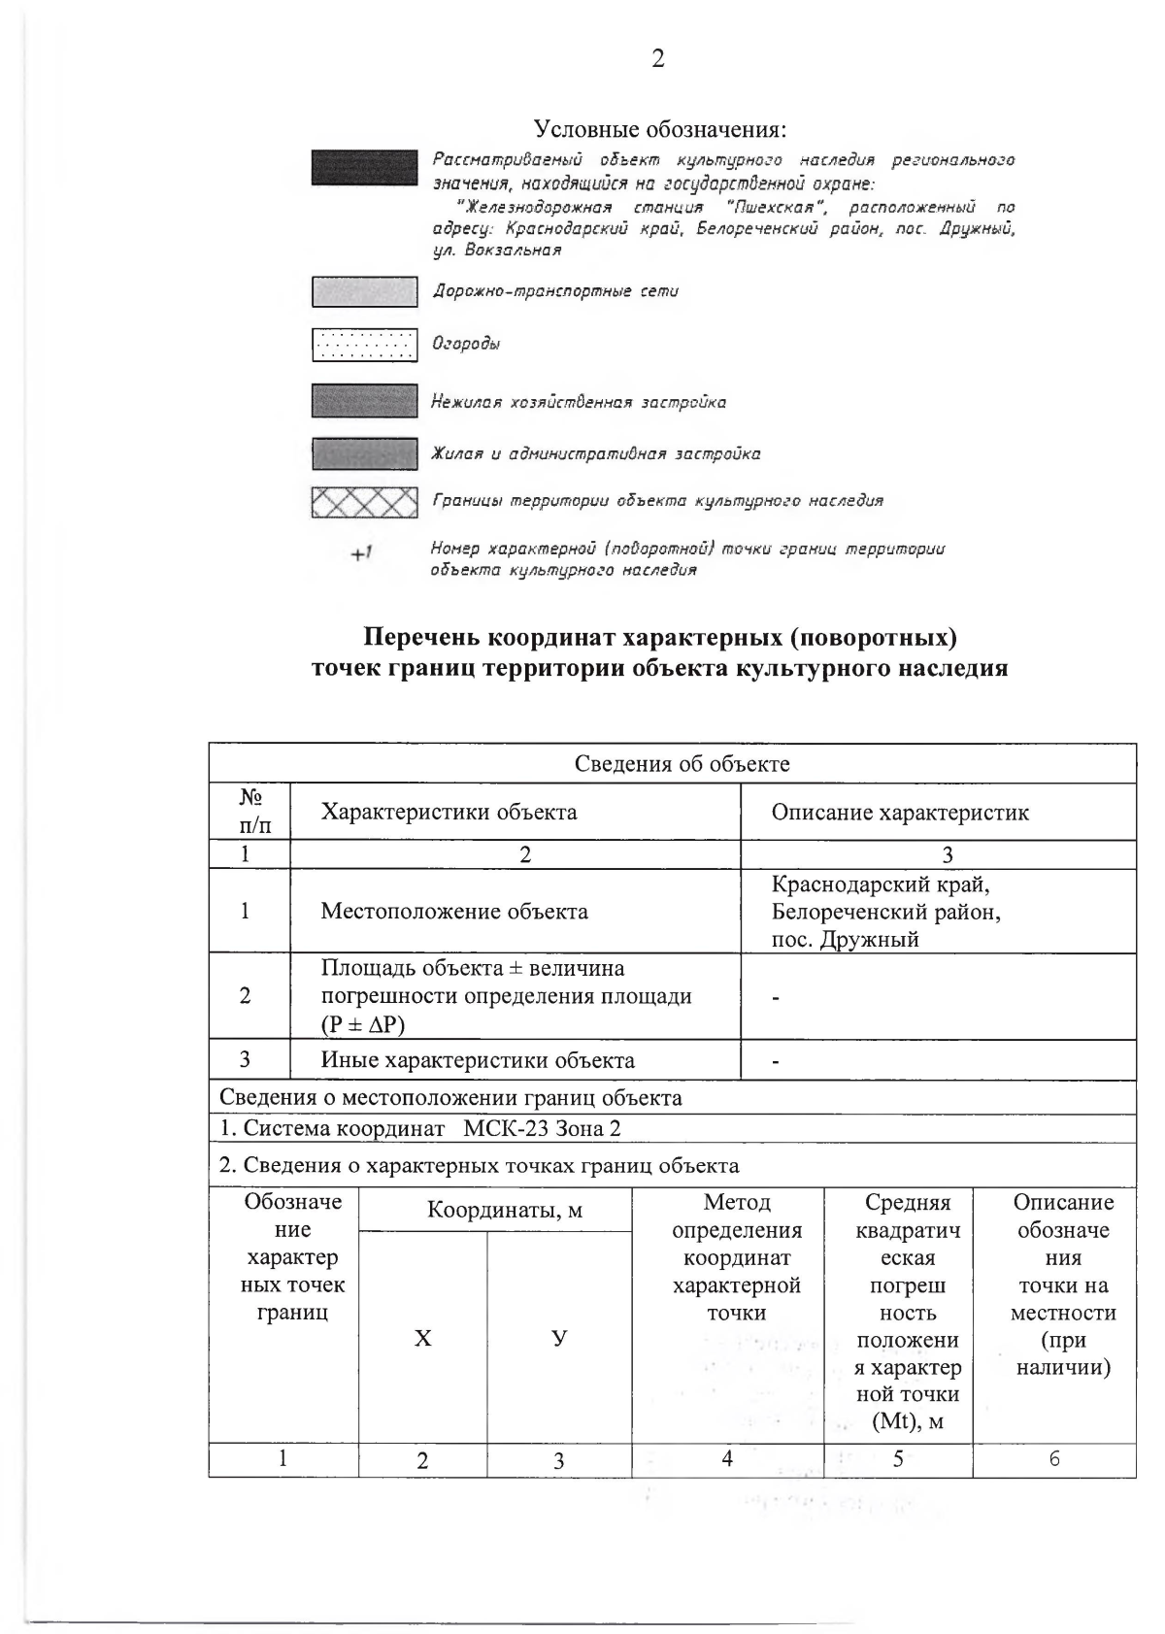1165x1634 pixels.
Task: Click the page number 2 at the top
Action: click(x=657, y=59)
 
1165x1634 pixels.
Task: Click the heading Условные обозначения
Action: click(x=659, y=129)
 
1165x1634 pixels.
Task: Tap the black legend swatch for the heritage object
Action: click(x=364, y=167)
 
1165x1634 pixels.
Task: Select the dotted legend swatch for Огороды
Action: click(x=364, y=345)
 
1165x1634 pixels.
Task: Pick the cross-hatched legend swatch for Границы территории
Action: click(x=364, y=502)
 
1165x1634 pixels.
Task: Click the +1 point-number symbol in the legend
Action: click(x=361, y=553)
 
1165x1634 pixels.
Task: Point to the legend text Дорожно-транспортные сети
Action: click(x=554, y=291)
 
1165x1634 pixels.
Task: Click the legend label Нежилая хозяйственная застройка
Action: click(x=579, y=402)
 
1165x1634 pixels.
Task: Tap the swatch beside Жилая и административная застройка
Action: click(x=364, y=453)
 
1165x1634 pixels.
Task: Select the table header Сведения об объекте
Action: click(x=682, y=764)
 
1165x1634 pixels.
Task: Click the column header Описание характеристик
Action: click(x=900, y=812)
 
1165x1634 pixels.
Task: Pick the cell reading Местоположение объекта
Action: click(x=454, y=912)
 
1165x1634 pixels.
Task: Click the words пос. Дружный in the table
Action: click(x=845, y=939)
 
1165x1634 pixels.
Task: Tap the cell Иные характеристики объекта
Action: click(x=478, y=1060)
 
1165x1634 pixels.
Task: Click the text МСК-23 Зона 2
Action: click(x=542, y=1128)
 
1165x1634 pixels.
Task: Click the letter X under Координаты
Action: click(x=422, y=1339)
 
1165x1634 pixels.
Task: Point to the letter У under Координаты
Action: click(x=558, y=1339)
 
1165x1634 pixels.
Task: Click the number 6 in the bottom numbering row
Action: click(x=1054, y=1458)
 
